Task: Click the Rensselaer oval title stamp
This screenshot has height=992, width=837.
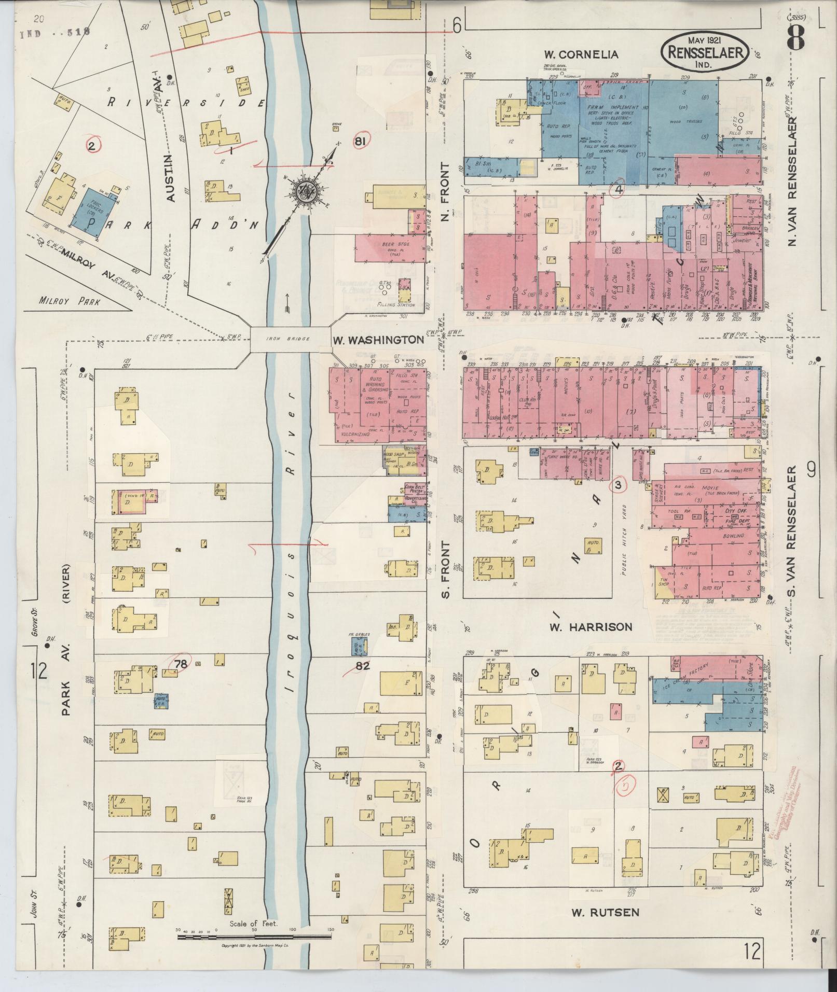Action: point(705,51)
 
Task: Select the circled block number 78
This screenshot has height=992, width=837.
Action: point(181,663)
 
